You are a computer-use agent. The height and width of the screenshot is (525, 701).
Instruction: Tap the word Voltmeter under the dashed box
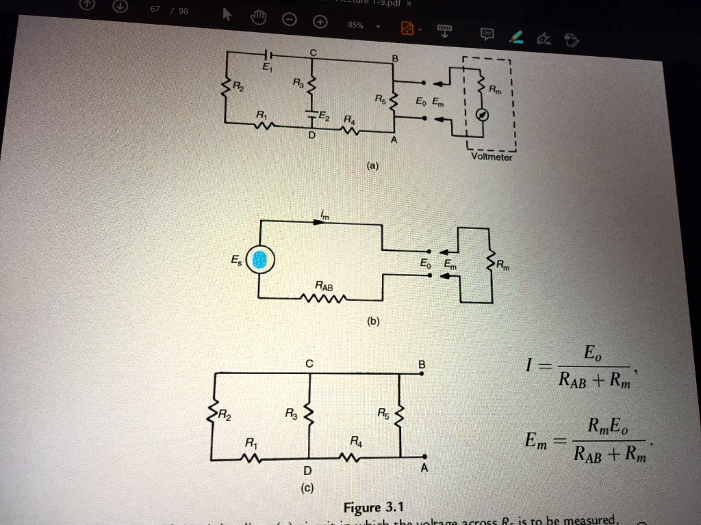(491, 157)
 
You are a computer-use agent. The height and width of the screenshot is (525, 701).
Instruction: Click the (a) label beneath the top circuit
(372, 166)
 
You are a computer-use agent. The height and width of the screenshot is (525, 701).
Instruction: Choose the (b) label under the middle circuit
(372, 321)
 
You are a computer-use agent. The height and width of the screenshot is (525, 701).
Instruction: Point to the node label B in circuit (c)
(422, 365)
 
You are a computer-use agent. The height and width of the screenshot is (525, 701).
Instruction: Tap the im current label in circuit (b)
(324, 216)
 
